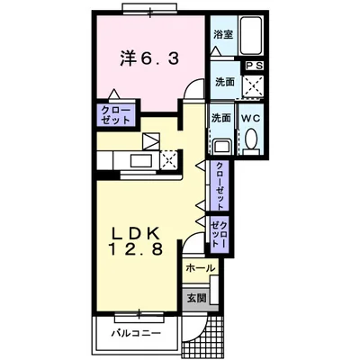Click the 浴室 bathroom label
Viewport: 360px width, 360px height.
tap(223, 35)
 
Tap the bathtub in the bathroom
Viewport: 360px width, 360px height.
tap(251, 35)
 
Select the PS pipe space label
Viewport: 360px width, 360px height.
tap(255, 66)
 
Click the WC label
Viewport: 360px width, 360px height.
tap(251, 118)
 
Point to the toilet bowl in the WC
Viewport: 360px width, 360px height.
tap(251, 139)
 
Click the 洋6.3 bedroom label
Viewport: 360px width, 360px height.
tap(149, 58)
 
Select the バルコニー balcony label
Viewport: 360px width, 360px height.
tap(137, 333)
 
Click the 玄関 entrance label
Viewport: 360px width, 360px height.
tap(196, 298)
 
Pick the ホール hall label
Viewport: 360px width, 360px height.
tap(201, 268)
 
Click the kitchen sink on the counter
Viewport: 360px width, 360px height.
tap(141, 161)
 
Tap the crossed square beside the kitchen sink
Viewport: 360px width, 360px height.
tap(168, 159)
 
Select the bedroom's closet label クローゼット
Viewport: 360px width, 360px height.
tap(115, 115)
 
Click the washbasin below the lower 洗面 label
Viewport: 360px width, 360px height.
tap(221, 146)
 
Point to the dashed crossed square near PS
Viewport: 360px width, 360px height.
tap(253, 86)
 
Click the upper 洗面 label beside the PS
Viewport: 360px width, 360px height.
tap(225, 82)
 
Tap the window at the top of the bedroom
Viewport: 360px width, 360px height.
tap(150, 8)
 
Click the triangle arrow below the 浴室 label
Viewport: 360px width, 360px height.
tap(216, 51)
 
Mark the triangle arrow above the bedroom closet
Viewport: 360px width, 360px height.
tap(114, 94)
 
